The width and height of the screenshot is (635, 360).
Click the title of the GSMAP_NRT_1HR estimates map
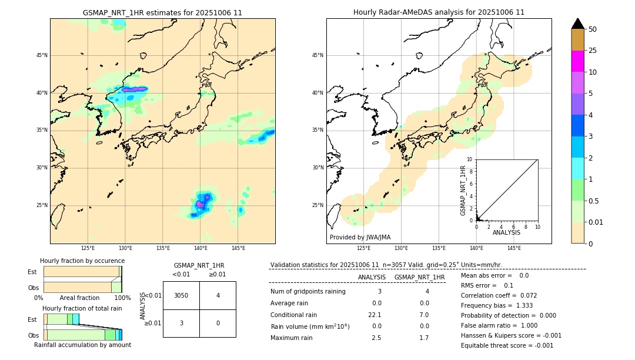point(162,12)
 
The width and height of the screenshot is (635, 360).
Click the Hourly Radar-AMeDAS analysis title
point(439,12)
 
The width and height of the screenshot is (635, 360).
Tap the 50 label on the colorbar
point(593,29)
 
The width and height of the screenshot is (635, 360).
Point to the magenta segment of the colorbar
point(577,61)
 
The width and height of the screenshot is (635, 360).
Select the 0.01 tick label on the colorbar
point(596,222)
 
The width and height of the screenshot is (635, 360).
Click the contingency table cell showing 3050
point(181,295)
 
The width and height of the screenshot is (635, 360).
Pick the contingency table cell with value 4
point(218,295)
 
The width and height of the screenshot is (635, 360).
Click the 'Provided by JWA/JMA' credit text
point(360,237)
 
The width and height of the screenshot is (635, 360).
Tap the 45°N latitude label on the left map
point(42,55)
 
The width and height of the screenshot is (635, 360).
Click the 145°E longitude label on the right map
point(514,248)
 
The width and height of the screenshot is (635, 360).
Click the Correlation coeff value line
point(499,295)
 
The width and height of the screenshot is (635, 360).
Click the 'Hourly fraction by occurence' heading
point(82,261)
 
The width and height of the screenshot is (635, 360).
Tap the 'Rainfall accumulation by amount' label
point(82,345)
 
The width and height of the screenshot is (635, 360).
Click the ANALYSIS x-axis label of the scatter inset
point(506,232)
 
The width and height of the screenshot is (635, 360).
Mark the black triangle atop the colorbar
point(578,24)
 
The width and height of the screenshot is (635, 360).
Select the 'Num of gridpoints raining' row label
point(308,291)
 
